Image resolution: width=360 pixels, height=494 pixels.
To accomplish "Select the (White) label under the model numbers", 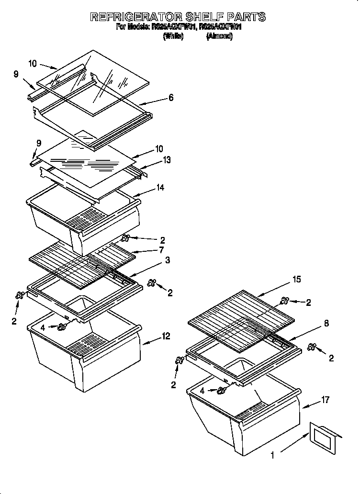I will coord(173,36).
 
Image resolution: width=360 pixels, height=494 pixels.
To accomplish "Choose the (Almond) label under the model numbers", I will coord(219,36).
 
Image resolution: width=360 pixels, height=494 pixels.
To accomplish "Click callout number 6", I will coord(171,98).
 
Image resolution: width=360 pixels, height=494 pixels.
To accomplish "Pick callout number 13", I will coord(167,160).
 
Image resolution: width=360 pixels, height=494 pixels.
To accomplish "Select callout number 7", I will coord(161,250).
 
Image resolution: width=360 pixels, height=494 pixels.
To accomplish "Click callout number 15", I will coord(297,279).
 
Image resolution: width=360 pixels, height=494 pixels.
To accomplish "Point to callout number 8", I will coord(326,323).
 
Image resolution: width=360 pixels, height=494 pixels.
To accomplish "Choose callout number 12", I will coord(166,337).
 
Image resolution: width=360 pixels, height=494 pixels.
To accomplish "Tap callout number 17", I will coord(325,400).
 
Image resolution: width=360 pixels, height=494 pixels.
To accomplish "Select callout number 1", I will coord(272,456).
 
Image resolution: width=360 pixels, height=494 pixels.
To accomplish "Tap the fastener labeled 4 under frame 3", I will coord(62,327).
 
